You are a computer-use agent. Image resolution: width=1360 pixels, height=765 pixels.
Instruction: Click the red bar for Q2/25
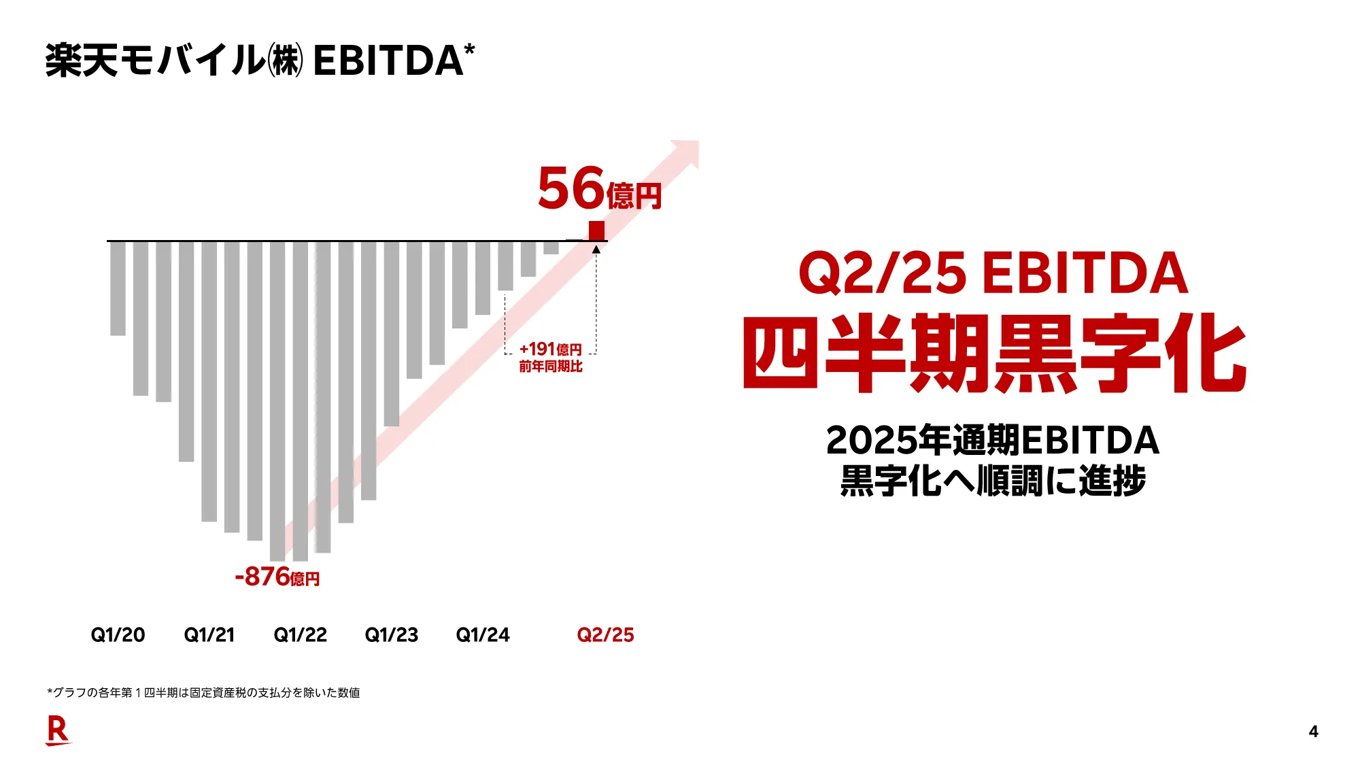(596, 231)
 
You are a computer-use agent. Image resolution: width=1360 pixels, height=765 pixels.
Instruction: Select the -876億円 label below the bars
(277, 577)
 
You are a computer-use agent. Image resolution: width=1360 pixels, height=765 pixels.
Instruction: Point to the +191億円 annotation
(550, 350)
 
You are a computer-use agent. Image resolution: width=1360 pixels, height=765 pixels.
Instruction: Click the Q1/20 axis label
(118, 635)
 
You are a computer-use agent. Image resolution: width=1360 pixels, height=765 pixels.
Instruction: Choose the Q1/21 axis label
(209, 635)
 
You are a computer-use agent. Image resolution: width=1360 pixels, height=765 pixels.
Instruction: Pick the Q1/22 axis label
(300, 635)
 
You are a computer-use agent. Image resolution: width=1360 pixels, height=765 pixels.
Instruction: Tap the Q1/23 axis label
(391, 635)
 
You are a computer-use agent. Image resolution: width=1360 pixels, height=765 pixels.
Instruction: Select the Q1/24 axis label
(482, 635)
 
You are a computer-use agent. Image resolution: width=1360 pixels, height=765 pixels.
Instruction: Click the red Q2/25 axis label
(605, 635)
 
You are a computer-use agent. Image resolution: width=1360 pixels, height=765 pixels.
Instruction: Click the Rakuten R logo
(58, 731)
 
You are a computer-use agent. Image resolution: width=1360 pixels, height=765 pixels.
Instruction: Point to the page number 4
(1313, 732)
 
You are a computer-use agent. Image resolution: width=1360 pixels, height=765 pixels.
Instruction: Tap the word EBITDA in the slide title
(388, 61)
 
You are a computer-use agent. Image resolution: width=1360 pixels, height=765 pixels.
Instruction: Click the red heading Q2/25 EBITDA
(993, 273)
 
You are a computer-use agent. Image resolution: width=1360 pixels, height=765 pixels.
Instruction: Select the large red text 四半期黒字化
(994, 354)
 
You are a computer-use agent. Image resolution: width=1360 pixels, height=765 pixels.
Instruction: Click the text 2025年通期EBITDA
(992, 441)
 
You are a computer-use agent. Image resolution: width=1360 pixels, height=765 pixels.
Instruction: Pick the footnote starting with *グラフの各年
(203, 693)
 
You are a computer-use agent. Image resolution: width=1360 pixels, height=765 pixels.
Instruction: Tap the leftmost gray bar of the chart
(118, 288)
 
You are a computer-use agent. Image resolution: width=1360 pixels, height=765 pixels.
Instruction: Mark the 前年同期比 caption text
(550, 367)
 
